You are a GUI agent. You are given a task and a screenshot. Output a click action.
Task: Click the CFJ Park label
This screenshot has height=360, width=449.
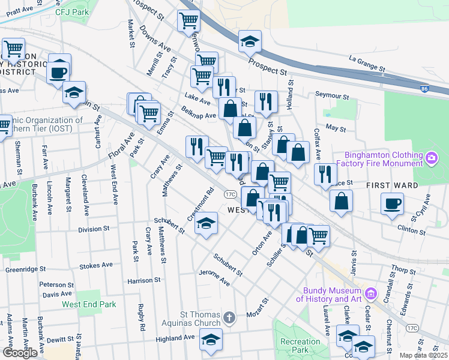coord(71,11)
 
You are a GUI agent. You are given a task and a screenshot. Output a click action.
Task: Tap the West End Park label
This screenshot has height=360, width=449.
coord(89,304)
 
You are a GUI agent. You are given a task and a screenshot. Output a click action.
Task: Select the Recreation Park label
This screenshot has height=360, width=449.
coord(300,346)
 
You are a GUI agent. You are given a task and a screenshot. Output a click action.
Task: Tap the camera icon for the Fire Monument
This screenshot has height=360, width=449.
coord(431,158)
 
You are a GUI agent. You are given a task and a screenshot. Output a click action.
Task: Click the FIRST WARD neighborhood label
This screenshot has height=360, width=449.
coord(392,185)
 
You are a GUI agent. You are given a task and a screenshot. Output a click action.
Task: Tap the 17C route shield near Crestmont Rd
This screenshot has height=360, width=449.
coord(230,194)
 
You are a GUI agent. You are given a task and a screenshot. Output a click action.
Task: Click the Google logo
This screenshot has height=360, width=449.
coord(20,353)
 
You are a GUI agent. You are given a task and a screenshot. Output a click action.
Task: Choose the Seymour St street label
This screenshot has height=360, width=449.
coord(332,96)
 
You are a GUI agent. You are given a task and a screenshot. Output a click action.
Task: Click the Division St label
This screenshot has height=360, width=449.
coord(94,229)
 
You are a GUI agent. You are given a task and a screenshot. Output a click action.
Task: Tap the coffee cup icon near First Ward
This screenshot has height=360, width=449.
coord(392,203)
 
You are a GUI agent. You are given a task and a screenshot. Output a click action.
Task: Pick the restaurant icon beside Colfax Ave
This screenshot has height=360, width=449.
coord(325,174)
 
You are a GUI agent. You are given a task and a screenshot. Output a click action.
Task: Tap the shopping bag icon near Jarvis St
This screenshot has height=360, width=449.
coord(341,201)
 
